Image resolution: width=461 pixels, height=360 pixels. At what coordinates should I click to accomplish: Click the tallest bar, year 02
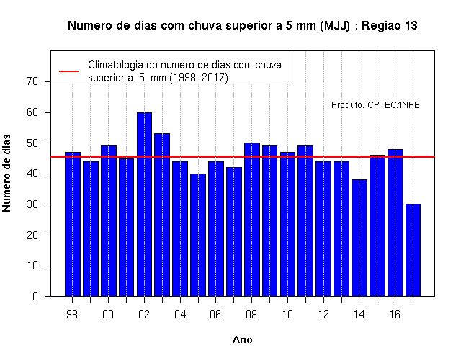(144, 204)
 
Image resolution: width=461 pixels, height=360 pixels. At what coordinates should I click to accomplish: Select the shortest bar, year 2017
(413, 250)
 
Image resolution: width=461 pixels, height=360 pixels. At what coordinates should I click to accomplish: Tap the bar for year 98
(73, 224)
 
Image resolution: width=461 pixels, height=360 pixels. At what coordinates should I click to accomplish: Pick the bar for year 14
(359, 238)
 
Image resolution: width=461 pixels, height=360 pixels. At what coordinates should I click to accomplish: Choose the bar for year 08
(252, 220)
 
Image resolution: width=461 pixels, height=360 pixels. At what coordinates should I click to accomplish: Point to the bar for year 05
(198, 235)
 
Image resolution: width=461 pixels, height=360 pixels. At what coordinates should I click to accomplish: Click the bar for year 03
(162, 215)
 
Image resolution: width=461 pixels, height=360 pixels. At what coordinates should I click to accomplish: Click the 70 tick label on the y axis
(32, 81)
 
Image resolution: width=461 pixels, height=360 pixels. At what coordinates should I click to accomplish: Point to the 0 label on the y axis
(35, 296)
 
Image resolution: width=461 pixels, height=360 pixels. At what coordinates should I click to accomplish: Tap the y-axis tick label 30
(32, 204)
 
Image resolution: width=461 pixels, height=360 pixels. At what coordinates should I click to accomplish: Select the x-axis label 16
(395, 315)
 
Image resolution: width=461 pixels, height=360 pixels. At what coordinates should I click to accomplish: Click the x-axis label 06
(215, 315)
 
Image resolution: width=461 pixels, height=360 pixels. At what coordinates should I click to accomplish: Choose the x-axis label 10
(287, 315)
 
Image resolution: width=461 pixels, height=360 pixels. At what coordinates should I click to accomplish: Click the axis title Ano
(242, 340)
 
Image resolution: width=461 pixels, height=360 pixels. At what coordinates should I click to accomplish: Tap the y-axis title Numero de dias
(6, 173)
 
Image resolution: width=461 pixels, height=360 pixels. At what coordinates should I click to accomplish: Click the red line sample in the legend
(69, 71)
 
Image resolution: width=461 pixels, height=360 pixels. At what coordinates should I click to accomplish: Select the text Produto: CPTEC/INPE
(375, 105)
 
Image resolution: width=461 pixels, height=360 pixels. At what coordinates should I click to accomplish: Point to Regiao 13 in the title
(389, 26)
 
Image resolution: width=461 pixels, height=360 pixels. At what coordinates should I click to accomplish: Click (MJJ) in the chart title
(335, 26)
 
